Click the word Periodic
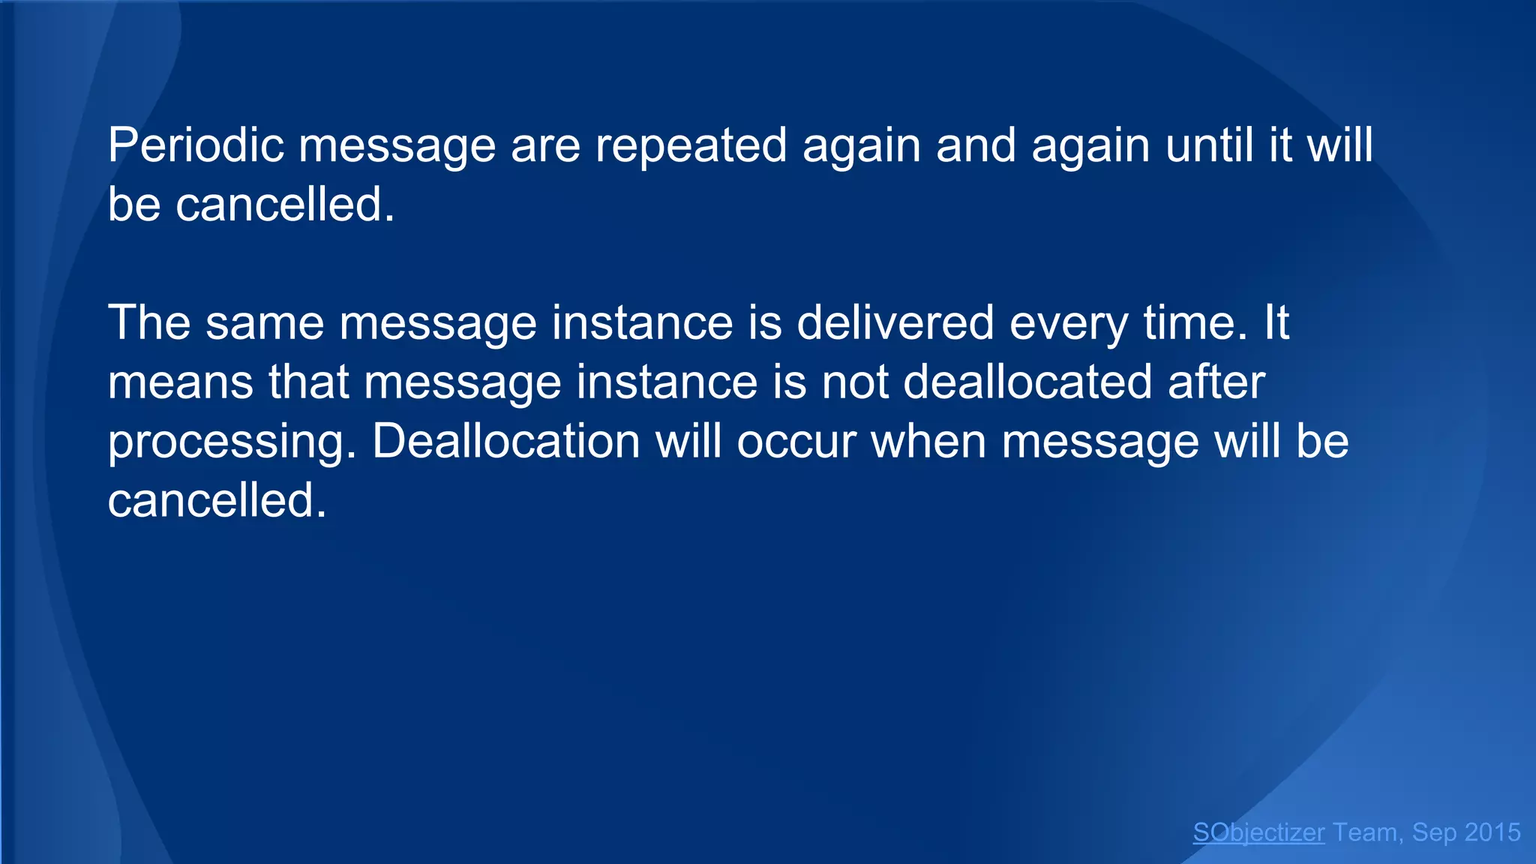point(196,145)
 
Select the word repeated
point(691,145)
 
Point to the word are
point(545,145)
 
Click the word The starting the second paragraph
point(149,322)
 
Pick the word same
point(265,322)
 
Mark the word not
point(854,382)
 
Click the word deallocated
point(1027,382)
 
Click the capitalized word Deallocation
point(506,441)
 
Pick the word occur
point(796,441)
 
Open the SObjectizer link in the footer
point(1258,832)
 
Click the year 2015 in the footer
point(1492,832)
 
